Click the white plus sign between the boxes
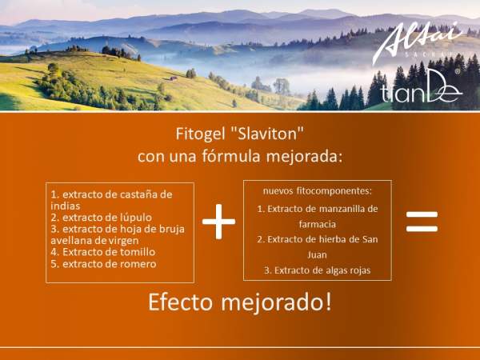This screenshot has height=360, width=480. tap(218, 221)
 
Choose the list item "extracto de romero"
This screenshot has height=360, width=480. tap(103, 264)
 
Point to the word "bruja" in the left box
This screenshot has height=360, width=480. tap(170, 229)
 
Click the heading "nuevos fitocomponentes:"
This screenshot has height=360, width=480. tap(317, 190)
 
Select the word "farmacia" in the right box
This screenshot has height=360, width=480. tap(317, 224)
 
